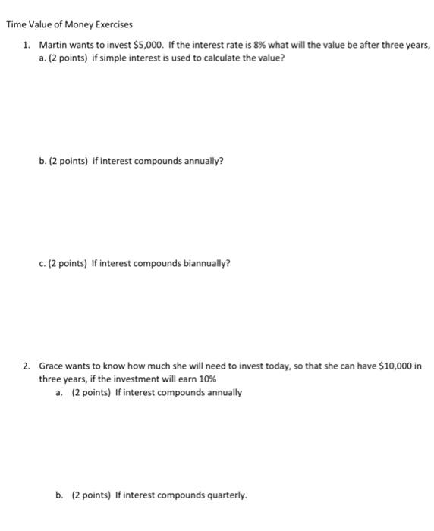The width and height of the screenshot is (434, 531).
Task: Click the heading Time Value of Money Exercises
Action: coord(69,25)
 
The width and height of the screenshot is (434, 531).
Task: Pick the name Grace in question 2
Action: coord(52,366)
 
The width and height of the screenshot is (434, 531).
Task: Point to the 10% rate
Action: coord(206,379)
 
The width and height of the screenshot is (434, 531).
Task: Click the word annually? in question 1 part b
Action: coord(200,161)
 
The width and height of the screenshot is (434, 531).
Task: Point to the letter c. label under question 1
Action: coord(42,263)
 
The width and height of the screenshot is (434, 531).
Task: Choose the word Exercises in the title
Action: coord(112,25)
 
